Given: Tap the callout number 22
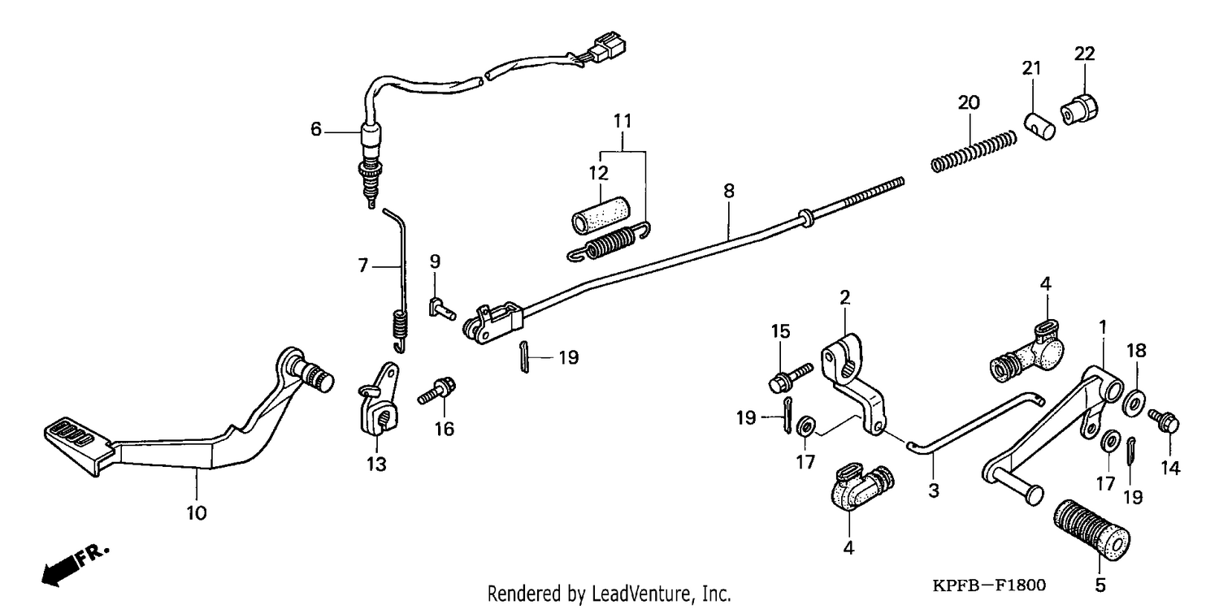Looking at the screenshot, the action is tap(1085, 54).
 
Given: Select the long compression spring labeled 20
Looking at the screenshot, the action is tap(974, 151).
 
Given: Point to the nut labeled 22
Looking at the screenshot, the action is tap(1079, 110).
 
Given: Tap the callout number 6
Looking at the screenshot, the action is tap(316, 129).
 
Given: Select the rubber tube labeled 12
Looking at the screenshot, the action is tap(601, 215).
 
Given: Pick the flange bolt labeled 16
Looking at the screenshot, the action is tap(436, 391).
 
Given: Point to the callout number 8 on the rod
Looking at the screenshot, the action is tap(729, 192).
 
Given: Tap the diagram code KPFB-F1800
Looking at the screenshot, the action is tap(989, 585).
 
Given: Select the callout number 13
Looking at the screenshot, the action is tap(376, 464).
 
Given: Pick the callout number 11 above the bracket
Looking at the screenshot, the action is tap(623, 121).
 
